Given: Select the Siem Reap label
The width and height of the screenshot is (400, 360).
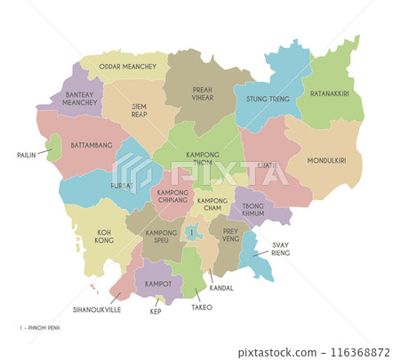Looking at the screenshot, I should [x=139, y=110].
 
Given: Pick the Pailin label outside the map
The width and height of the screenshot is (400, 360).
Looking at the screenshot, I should [x=27, y=155].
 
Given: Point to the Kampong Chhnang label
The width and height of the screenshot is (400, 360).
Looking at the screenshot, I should [x=174, y=196].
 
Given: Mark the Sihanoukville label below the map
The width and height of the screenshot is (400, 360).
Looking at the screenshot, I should [x=95, y=310].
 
